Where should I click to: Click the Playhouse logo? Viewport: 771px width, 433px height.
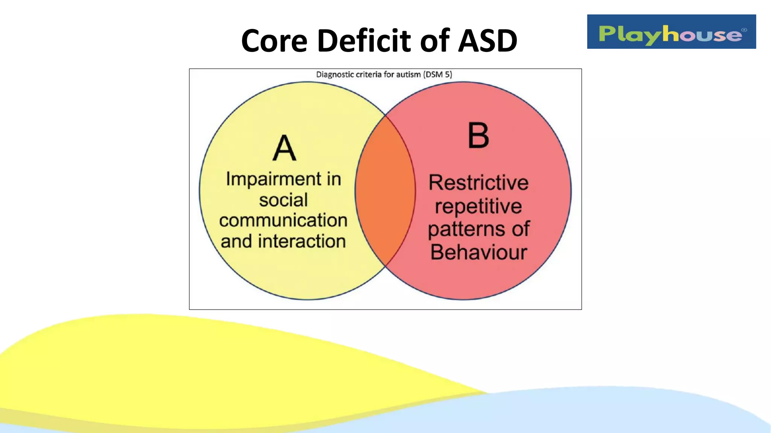[x=671, y=32]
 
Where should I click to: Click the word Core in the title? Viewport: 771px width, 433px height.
[x=274, y=41]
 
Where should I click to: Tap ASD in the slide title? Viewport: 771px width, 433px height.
[x=488, y=41]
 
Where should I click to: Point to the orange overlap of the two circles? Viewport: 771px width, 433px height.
[x=385, y=191]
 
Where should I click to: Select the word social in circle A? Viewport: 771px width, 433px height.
[x=283, y=200]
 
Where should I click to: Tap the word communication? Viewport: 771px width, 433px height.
[x=283, y=220]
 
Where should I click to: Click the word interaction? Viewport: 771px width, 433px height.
[x=302, y=241]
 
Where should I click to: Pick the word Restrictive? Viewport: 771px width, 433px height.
[x=478, y=183]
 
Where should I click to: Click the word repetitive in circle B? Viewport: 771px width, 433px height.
[x=478, y=206]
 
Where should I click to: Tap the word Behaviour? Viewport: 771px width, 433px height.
[x=478, y=252]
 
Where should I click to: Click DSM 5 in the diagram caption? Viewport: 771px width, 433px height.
[x=438, y=74]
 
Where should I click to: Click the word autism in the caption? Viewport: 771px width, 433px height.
[x=408, y=74]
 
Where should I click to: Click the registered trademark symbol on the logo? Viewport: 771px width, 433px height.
[x=744, y=30]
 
